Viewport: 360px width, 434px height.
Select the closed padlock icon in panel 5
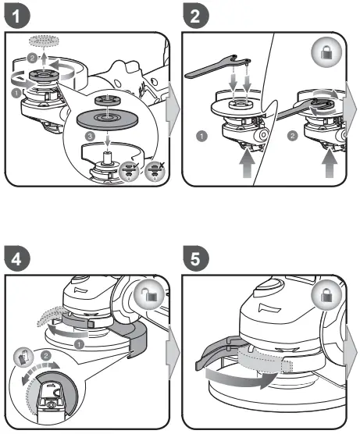pyautogui.click(x=324, y=297)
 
